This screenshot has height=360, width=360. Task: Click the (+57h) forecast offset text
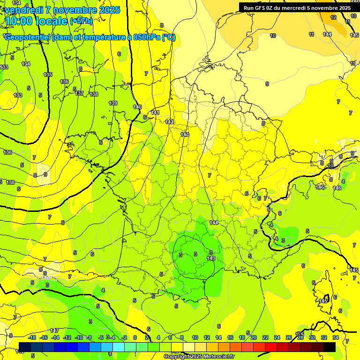coord(81,21)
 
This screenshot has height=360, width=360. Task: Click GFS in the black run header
coord(262,7)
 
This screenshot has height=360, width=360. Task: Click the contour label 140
coord(137,107)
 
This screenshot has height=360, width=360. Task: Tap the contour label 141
coord(155,112)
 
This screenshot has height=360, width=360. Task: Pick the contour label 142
coord(169,122)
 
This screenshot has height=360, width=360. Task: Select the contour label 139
coord(113,103)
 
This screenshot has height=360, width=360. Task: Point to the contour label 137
coord(79,93)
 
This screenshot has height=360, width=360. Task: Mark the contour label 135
coord(48,75)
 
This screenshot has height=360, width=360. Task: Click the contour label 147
coord(54,330)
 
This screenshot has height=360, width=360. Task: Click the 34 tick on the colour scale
coord(336,337)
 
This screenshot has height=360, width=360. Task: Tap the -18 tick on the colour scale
coord(32,337)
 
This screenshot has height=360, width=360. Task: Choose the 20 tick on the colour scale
coord(254,337)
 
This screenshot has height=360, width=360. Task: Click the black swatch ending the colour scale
coord(330,347)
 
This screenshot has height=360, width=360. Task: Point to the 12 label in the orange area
coord(333,17)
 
